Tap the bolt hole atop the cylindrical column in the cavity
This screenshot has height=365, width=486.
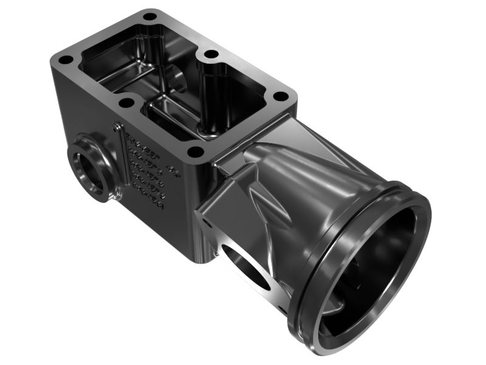click(x=211, y=54)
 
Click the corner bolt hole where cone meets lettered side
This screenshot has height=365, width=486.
click(x=195, y=151)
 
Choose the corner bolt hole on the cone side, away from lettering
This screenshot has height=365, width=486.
click(x=280, y=96)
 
